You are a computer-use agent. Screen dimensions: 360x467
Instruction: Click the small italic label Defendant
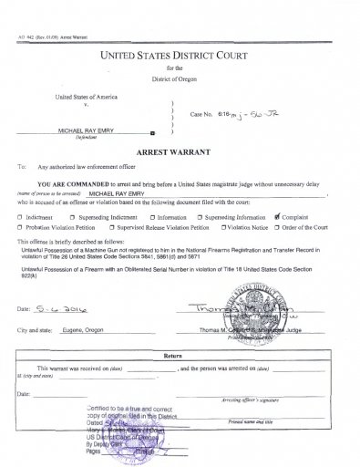coord(87,139)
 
